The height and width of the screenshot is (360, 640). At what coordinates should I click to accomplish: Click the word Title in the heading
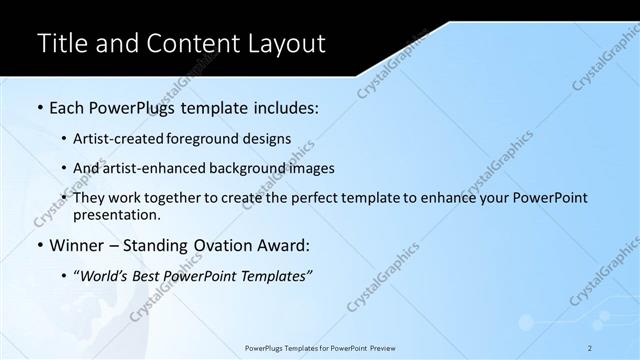click(x=61, y=43)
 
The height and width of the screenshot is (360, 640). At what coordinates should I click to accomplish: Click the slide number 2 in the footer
click(x=591, y=347)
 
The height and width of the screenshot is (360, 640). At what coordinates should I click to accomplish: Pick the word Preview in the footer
click(x=381, y=347)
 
